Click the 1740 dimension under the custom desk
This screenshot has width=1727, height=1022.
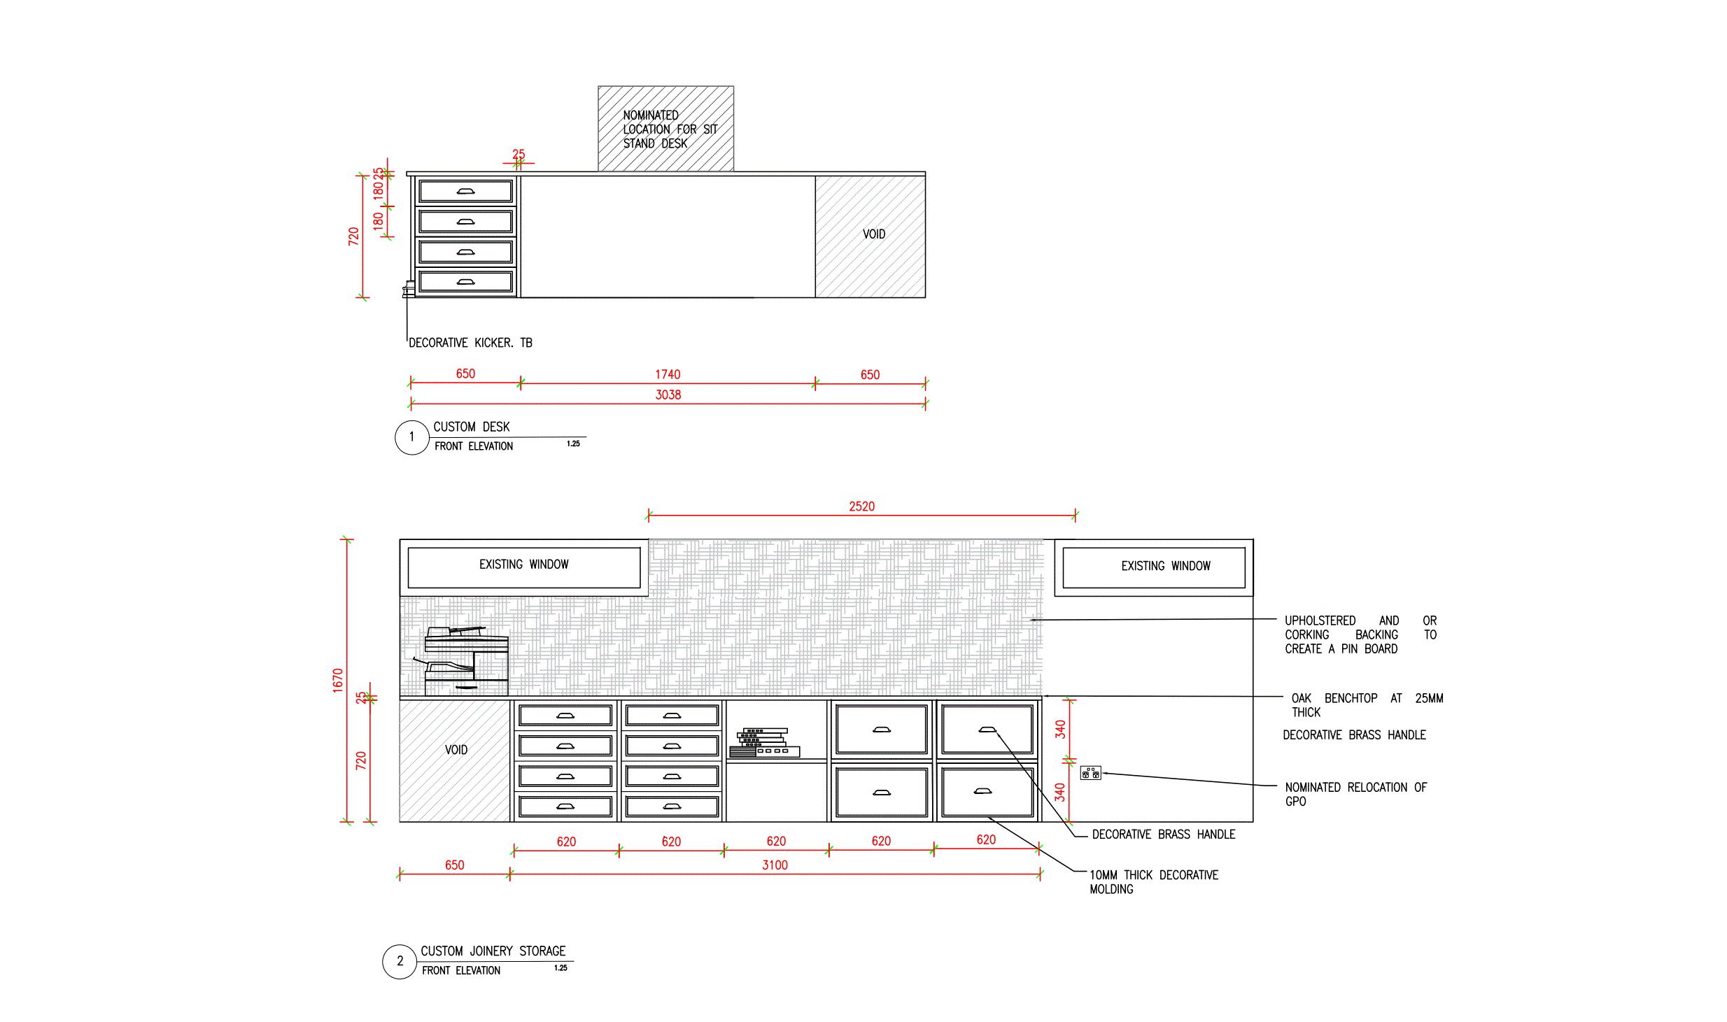click(668, 374)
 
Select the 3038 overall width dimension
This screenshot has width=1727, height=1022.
click(668, 395)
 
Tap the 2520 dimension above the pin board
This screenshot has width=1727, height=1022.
click(861, 506)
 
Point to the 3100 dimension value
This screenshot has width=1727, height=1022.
click(775, 865)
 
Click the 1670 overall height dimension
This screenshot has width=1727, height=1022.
click(338, 680)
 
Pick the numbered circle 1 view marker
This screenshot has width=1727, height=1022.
click(411, 437)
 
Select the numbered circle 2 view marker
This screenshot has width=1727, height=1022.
click(400, 961)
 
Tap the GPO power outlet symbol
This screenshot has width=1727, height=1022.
click(1090, 773)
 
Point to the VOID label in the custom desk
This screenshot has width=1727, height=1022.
click(873, 234)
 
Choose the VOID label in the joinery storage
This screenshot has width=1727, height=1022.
click(456, 750)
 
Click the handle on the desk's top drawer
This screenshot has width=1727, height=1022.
click(465, 191)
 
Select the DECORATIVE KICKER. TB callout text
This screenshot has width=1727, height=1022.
click(470, 343)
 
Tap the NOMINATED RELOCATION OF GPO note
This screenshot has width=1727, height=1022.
click(1355, 794)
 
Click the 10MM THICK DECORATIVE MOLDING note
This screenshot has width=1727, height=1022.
click(1153, 881)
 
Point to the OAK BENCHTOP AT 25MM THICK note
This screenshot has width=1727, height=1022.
click(1366, 705)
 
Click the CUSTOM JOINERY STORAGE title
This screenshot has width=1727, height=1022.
click(493, 951)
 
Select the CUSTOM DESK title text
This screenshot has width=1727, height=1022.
click(471, 427)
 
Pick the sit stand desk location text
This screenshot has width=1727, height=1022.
click(669, 129)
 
